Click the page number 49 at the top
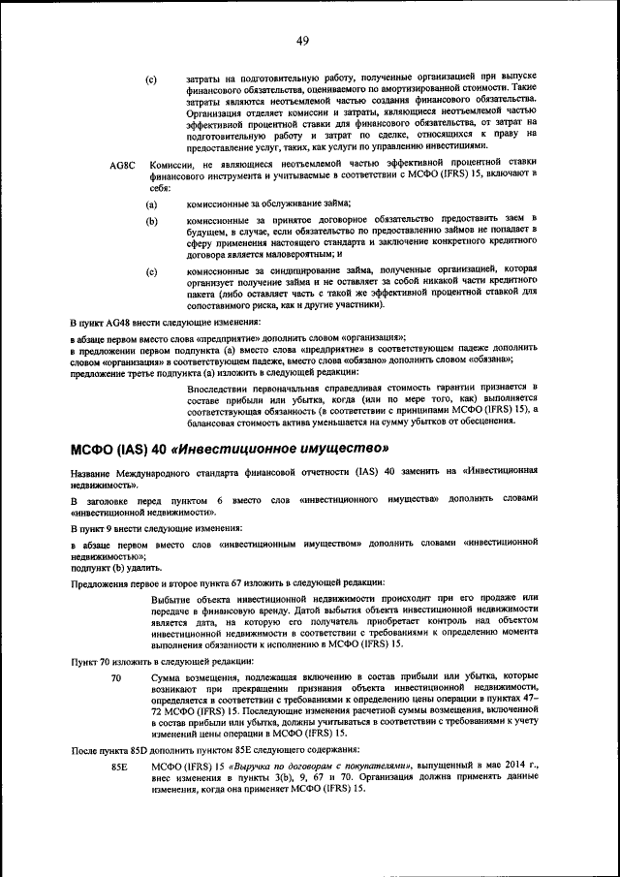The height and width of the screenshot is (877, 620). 302,41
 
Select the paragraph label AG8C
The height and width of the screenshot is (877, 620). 125,166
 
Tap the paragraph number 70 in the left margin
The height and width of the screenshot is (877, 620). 116,678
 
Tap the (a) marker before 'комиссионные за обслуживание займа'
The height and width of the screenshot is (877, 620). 152,204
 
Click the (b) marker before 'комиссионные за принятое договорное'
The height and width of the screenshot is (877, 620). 152,222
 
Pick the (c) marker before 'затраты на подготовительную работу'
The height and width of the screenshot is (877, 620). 152,78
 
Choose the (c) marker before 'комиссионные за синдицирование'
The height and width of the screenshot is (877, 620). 152,272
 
